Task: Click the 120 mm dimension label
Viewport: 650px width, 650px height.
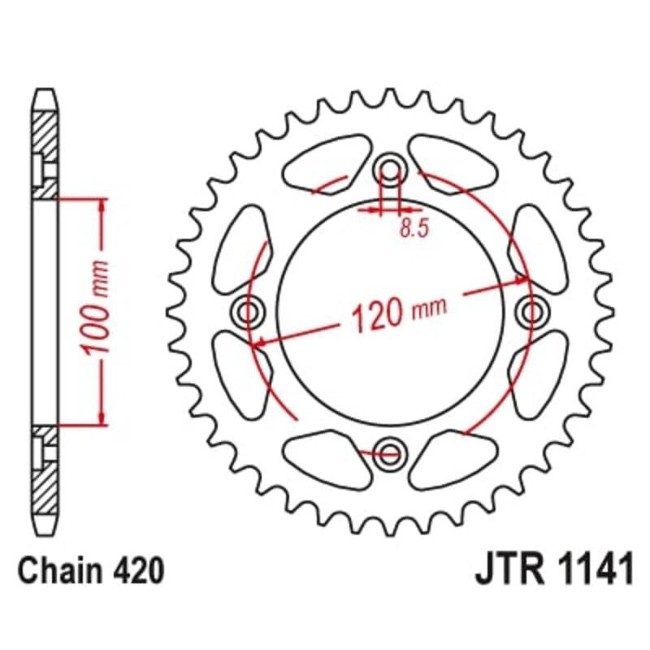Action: click(x=398, y=313)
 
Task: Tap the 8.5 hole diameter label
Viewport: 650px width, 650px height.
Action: click(x=413, y=229)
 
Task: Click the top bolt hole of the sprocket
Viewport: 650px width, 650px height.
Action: click(x=391, y=171)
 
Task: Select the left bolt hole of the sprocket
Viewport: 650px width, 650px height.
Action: click(x=249, y=310)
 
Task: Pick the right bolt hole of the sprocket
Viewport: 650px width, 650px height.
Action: click(x=532, y=310)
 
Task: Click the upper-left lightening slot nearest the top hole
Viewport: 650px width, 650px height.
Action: click(x=325, y=162)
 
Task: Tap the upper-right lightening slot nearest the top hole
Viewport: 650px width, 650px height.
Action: click(x=455, y=162)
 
